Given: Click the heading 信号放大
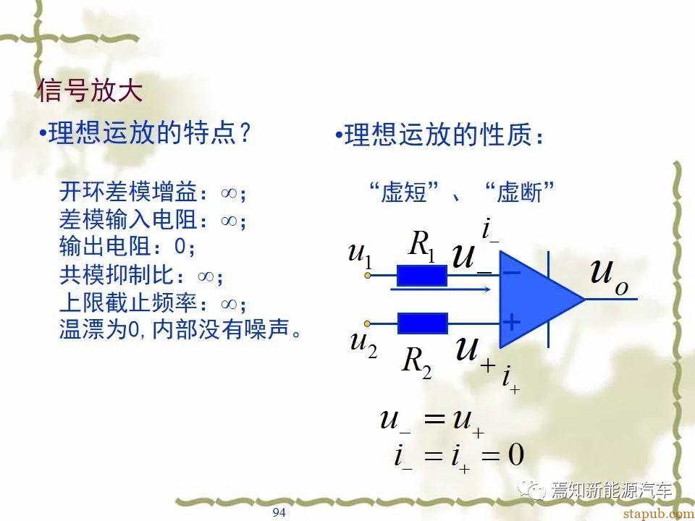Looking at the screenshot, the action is click(90, 91).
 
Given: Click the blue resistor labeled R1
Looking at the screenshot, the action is click(421, 276).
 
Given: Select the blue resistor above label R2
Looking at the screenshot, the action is click(422, 323).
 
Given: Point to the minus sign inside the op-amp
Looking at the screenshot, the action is click(512, 273).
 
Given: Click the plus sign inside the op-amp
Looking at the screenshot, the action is click(512, 322).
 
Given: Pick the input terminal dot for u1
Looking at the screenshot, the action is click(368, 276).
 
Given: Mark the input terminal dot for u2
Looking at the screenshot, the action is click(367, 323).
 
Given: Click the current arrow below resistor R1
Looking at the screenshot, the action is click(441, 289).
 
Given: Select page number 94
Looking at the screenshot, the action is click(279, 512).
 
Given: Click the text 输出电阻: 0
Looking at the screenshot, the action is click(127, 246).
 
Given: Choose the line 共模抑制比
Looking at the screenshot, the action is click(141, 275).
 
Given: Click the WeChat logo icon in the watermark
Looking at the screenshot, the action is click(534, 490).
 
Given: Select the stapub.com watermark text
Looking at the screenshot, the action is click(658, 514).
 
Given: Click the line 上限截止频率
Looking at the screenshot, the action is click(153, 303).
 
